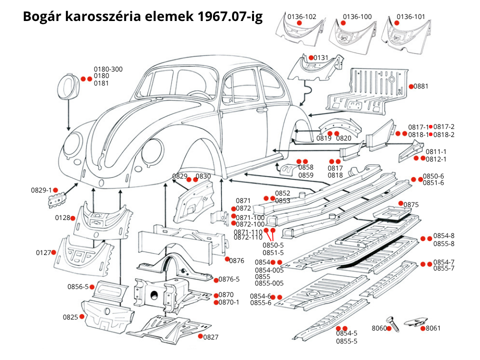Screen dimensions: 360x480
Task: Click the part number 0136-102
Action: point(301,16)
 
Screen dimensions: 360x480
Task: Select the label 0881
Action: point(421,86)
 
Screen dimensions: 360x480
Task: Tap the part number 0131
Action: point(321,58)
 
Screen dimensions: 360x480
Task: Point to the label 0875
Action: point(411,205)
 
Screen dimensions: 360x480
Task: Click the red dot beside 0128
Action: point(73,218)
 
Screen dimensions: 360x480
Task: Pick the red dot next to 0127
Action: point(53,252)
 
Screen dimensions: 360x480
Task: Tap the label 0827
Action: point(211,337)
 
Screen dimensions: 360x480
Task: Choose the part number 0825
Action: point(70,317)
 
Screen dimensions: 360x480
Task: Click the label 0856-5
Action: point(78,286)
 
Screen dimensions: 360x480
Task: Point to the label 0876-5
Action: point(229,279)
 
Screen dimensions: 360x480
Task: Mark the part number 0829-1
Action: point(41,190)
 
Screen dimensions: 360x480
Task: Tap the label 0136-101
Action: point(411,16)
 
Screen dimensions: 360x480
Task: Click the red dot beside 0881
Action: point(410,86)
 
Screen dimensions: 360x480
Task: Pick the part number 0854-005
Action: point(269,270)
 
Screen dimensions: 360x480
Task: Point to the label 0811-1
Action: point(436,151)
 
